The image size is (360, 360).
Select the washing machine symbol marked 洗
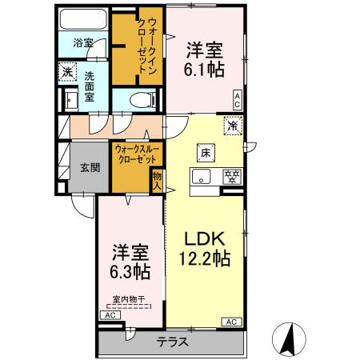[x=70, y=71]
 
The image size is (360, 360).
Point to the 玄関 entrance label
[x=90, y=168]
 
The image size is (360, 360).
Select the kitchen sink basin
[x=200, y=178]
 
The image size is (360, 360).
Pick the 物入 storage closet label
[x=157, y=181]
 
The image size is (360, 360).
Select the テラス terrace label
[x=172, y=342]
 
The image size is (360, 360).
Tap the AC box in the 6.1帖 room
[x=238, y=98]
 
